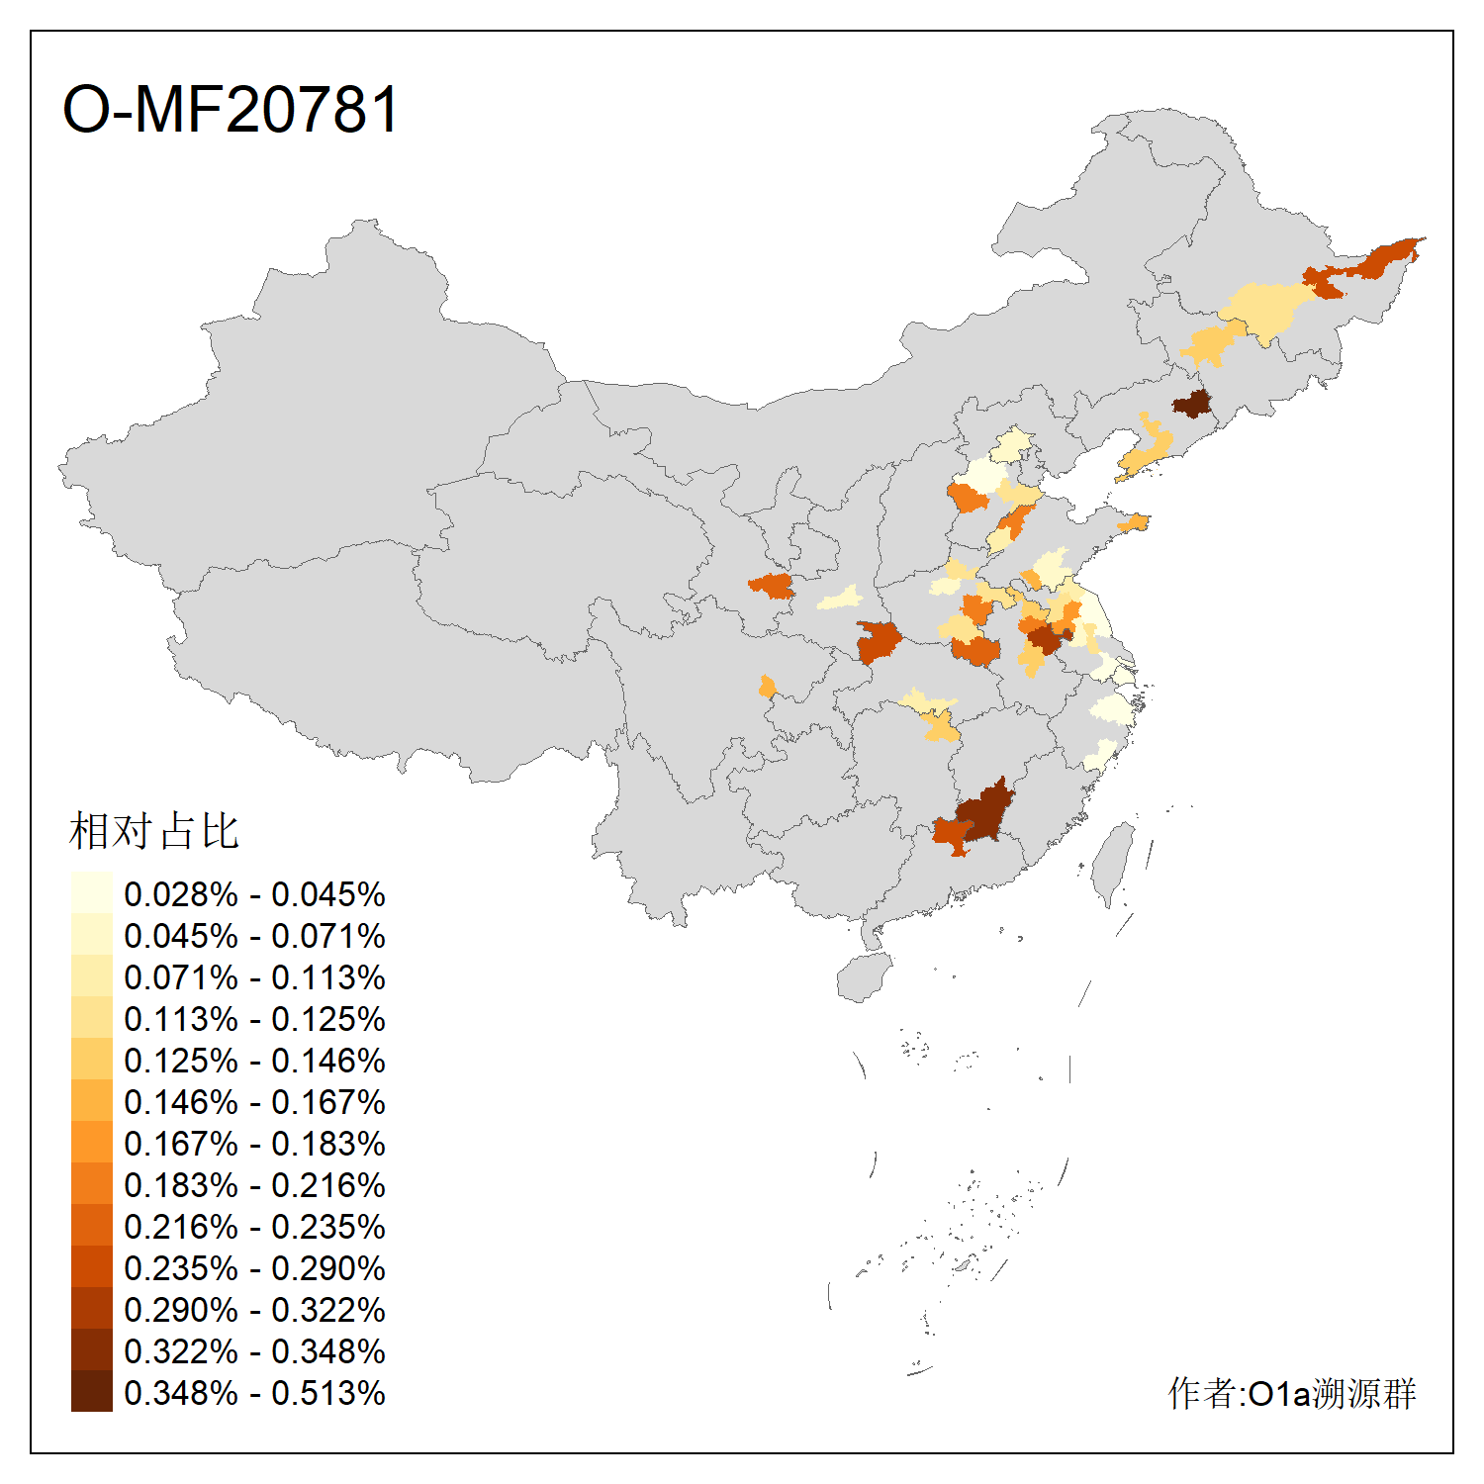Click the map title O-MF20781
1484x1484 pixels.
tap(231, 109)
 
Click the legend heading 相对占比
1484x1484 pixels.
tap(154, 831)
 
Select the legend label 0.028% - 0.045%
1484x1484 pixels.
tap(254, 894)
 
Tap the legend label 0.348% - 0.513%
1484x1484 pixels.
tap(254, 1393)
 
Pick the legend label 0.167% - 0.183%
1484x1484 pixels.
tap(254, 1144)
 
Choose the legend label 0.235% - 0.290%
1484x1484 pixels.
tap(254, 1268)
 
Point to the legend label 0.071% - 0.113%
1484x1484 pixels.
tap(254, 977)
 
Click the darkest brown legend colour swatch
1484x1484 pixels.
tap(91, 1391)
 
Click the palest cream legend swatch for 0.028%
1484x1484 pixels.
tap(91, 892)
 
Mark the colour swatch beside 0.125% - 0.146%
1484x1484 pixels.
tap(91, 1059)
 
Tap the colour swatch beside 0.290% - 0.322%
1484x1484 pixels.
tap(91, 1308)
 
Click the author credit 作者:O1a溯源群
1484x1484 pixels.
tap(1292, 1393)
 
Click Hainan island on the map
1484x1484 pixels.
tap(863, 977)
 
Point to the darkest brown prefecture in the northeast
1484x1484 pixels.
tap(1192, 404)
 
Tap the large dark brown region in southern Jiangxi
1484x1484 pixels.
tap(985, 811)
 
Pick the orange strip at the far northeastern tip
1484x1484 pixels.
tap(1385, 259)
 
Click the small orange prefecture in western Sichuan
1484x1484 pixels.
tap(767, 686)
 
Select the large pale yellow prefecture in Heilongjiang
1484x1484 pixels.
tap(1266, 309)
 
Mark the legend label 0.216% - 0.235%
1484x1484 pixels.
tap(254, 1227)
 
